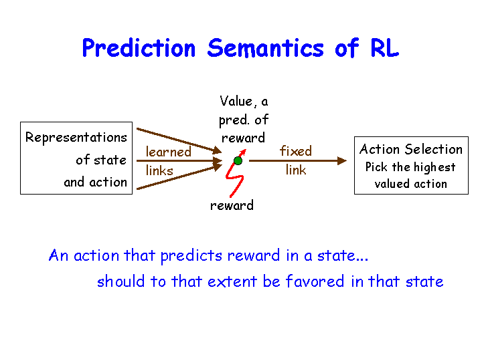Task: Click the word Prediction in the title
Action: (x=139, y=49)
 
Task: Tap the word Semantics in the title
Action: (x=266, y=48)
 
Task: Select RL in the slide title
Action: (x=384, y=48)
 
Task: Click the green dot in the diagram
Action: (x=238, y=160)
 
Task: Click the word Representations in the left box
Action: (x=76, y=138)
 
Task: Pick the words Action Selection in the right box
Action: (x=411, y=150)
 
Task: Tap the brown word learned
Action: (x=169, y=152)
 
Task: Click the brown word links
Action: (x=159, y=170)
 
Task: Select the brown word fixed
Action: (x=296, y=151)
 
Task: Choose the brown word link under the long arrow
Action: (x=296, y=169)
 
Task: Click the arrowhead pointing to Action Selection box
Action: (x=342, y=160)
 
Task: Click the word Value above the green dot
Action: (x=236, y=101)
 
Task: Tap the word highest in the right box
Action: (x=434, y=168)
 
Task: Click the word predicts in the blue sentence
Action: (x=191, y=256)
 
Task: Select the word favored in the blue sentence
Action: (x=315, y=281)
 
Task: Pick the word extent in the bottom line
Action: (x=232, y=281)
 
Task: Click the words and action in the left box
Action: (x=95, y=183)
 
